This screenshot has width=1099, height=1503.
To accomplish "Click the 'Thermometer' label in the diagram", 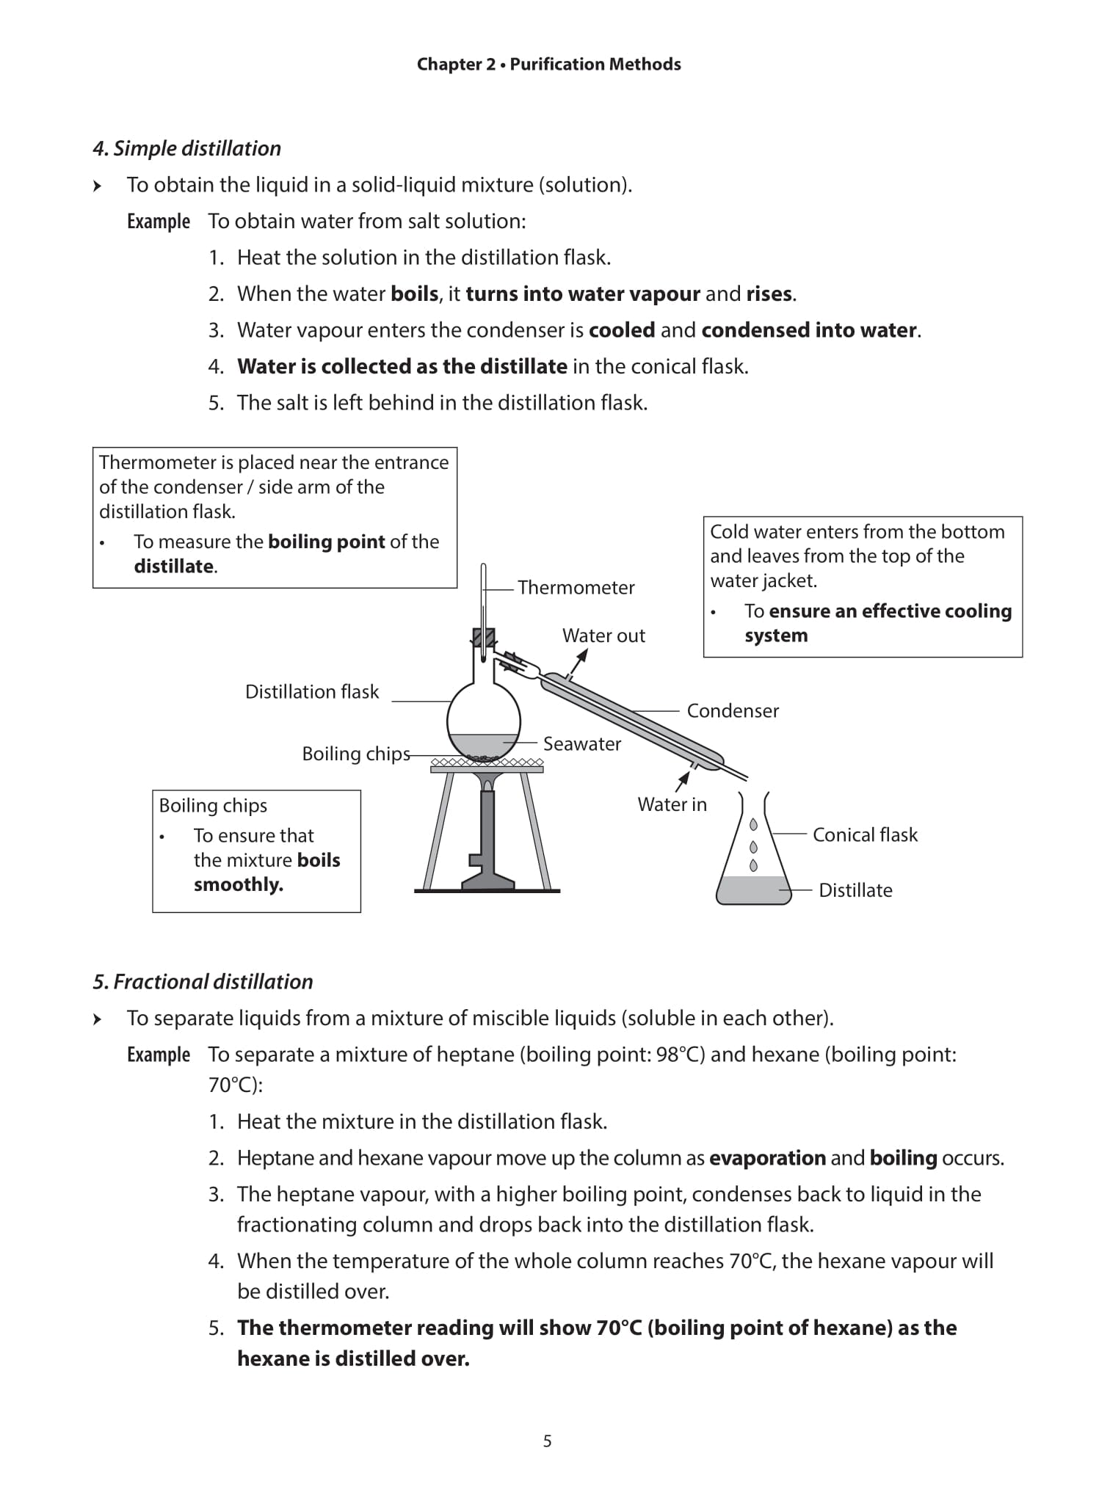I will (576, 588).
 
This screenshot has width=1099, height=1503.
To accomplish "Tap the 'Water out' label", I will (603, 636).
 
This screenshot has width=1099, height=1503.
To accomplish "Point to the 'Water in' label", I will (672, 804).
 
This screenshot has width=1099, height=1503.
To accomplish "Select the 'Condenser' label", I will (732, 711).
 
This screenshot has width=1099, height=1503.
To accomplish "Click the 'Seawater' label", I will (581, 744).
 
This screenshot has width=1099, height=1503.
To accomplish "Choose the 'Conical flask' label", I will (864, 835).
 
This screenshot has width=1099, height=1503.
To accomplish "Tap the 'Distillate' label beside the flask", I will (855, 890).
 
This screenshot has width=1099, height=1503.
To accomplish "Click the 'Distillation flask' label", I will (312, 692).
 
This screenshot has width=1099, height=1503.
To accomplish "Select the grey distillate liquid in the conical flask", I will (754, 889).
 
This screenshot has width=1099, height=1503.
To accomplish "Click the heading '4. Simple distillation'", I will (186, 148).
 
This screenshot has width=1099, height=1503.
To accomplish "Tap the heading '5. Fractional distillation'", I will (203, 982).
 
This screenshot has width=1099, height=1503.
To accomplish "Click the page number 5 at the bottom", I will (547, 1441).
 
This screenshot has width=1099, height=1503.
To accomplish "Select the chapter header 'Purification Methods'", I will (595, 65).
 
